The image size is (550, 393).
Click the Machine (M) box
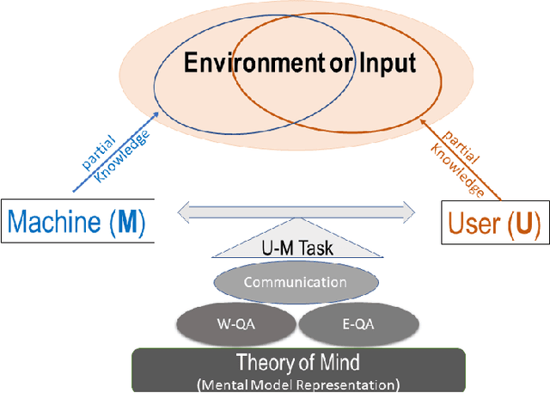76,223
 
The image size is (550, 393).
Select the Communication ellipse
295,282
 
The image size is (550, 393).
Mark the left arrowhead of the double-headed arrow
183,207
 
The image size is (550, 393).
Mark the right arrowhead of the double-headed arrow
411,207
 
